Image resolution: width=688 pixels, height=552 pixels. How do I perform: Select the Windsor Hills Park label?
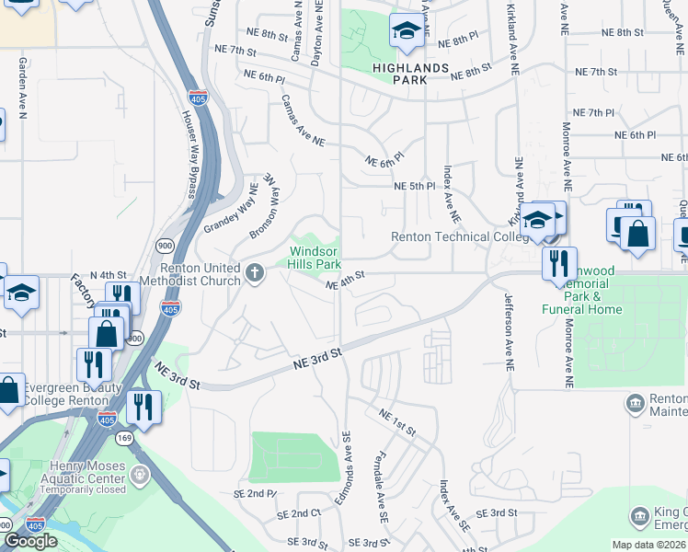point(315,258)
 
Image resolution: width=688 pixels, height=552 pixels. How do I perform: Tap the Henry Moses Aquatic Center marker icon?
point(140,476)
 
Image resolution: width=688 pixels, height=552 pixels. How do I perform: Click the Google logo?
point(30,540)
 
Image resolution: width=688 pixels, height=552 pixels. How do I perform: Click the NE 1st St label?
point(396,422)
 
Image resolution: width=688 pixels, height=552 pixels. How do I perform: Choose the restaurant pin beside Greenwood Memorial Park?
point(559,265)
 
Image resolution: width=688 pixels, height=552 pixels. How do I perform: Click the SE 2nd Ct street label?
point(304,513)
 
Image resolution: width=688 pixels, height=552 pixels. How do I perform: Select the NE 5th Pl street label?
point(413,186)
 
